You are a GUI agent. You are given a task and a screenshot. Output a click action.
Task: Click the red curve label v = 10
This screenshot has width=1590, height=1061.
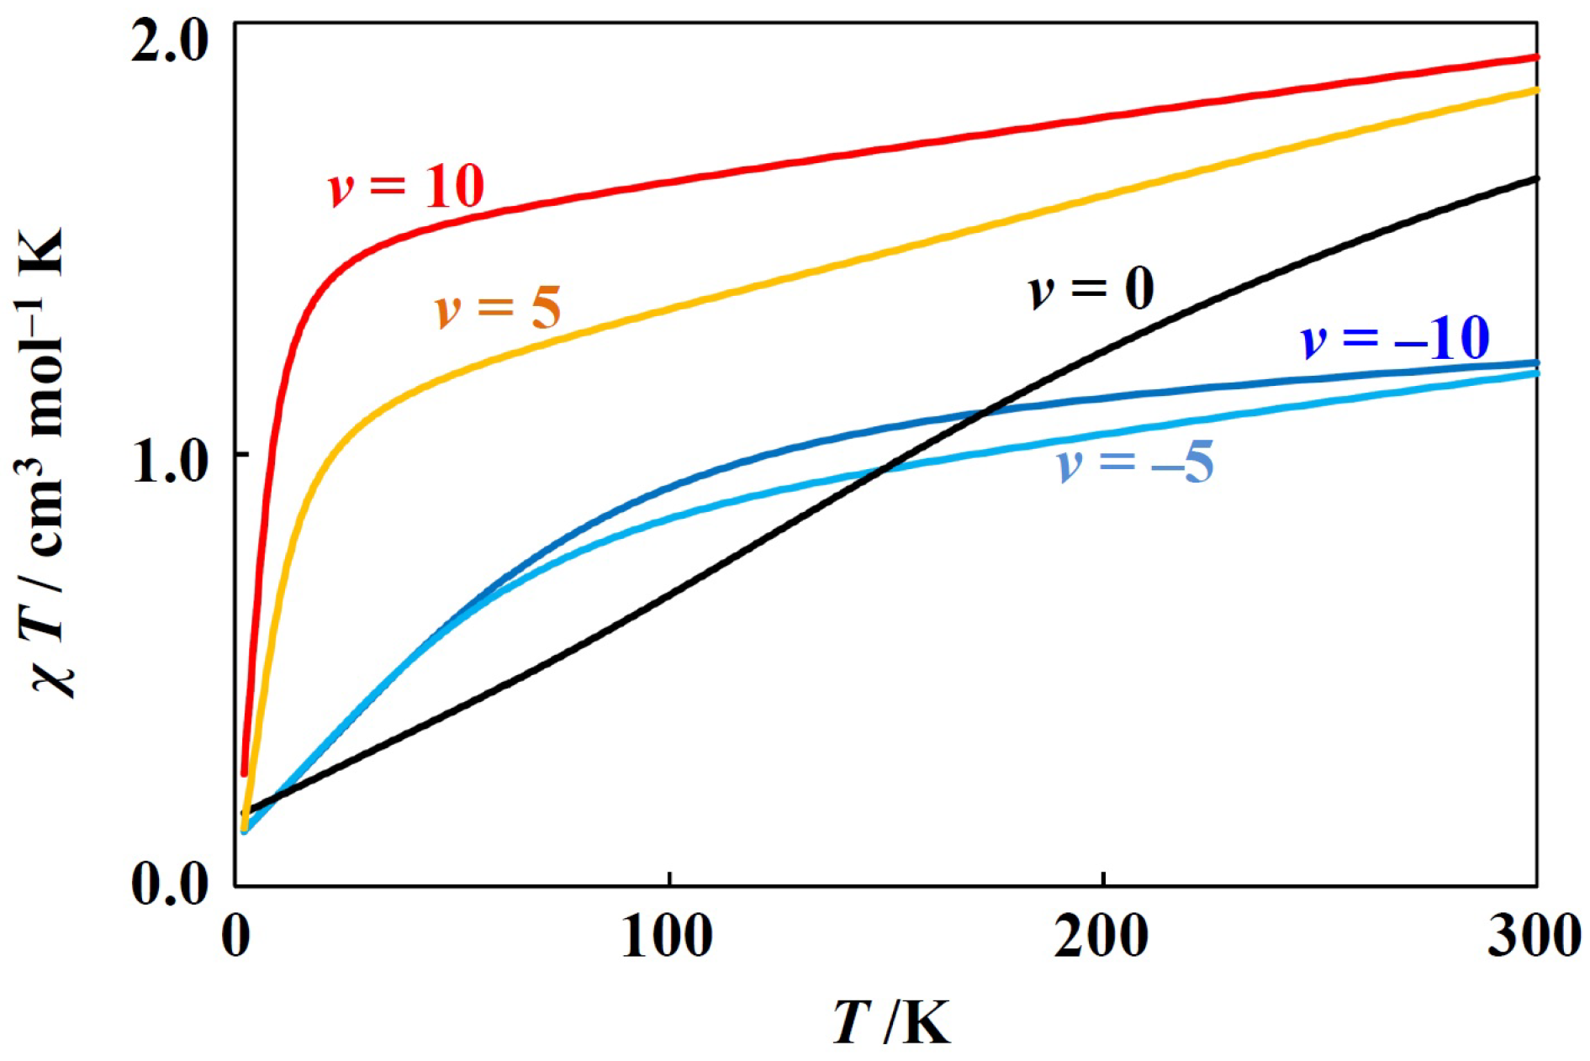click(406, 186)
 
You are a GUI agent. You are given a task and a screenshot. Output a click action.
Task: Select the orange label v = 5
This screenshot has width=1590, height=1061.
click(498, 307)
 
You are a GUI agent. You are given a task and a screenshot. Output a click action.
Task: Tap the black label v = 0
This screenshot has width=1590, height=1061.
click(1091, 290)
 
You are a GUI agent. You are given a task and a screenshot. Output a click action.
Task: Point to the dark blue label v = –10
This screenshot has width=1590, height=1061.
click(1395, 338)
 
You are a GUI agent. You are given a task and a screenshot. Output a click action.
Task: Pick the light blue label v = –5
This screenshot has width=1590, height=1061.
click(1135, 463)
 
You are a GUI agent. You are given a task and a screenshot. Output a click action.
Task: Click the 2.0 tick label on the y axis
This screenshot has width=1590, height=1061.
click(169, 42)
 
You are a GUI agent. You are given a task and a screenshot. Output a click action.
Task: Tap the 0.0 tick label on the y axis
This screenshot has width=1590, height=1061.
click(169, 884)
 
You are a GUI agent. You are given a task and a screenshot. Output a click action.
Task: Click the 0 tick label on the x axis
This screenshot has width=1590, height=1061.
click(236, 936)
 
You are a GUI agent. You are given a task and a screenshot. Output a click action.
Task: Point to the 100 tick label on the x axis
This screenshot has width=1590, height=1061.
click(668, 936)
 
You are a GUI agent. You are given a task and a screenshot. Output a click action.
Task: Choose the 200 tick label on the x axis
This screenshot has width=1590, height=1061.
click(1101, 936)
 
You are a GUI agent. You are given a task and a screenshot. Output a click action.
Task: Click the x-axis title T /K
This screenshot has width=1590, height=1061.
click(892, 1021)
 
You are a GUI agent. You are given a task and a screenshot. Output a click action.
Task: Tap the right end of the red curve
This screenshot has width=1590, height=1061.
click(1536, 57)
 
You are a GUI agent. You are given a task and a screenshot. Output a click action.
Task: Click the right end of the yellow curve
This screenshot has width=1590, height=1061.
click(1536, 89)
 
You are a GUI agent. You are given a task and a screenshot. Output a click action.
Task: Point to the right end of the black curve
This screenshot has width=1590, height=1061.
click(1536, 178)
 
